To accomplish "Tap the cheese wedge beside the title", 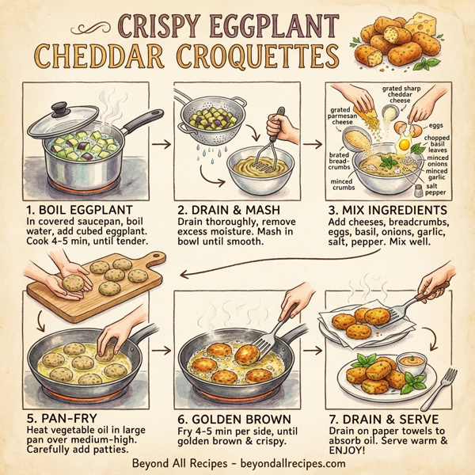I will [444, 36].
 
